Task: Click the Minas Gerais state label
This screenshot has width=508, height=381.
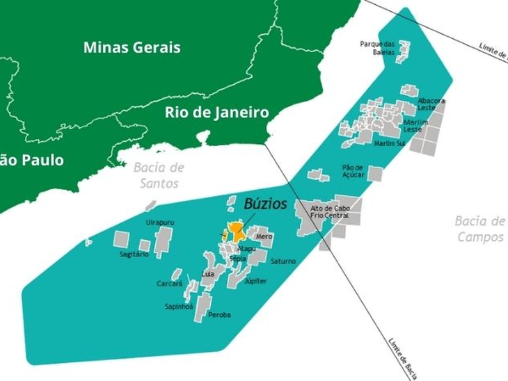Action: (132, 48)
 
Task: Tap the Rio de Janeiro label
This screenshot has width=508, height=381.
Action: (216, 113)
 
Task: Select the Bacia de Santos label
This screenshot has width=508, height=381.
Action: (159, 175)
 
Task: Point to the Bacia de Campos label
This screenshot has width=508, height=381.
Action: (479, 229)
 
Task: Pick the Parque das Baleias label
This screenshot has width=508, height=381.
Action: (377, 48)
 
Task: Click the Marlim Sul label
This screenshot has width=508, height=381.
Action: (389, 144)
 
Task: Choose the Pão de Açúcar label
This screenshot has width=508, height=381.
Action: (354, 171)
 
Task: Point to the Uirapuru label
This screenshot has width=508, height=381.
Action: (159, 222)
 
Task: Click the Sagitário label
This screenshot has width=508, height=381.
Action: (134, 254)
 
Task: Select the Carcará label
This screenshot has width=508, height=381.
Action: (170, 284)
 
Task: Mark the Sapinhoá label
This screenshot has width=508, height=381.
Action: (179, 307)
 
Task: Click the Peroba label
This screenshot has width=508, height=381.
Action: (219, 315)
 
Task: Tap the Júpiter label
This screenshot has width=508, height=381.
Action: (255, 281)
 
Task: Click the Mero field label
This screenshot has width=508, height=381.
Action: (264, 237)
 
